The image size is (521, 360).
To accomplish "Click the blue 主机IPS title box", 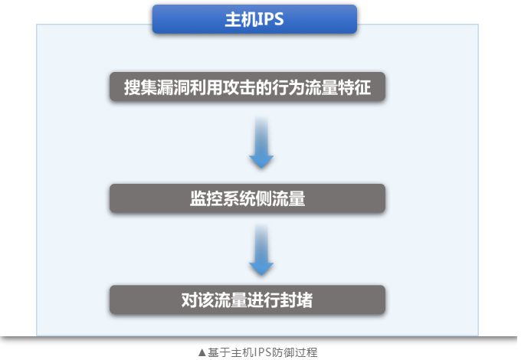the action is click(x=254, y=19).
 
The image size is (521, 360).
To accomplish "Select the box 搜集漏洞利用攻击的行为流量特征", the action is click(x=247, y=87).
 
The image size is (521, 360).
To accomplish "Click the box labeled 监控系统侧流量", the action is click(x=247, y=198).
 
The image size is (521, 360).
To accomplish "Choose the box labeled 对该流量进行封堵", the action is click(x=247, y=299).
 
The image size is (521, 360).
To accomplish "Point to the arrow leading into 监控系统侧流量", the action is click(x=261, y=142).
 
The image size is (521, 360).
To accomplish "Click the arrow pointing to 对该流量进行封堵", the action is click(x=261, y=250).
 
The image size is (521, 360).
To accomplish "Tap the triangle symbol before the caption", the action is click(x=202, y=352).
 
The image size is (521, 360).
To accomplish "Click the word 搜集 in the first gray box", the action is click(x=140, y=87).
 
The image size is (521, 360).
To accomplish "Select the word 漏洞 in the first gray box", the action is click(x=173, y=87).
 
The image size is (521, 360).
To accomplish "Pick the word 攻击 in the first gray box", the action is click(x=239, y=87).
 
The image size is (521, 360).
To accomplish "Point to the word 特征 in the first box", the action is click(x=354, y=87).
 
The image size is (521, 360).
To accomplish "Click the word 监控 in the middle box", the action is click(x=206, y=198).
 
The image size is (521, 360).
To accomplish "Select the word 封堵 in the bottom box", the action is click(x=297, y=300).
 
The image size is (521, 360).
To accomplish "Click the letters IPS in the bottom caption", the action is click(x=262, y=352).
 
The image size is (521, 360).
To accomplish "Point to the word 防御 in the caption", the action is click(x=283, y=352).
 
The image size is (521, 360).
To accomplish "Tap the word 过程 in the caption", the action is click(x=306, y=352).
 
